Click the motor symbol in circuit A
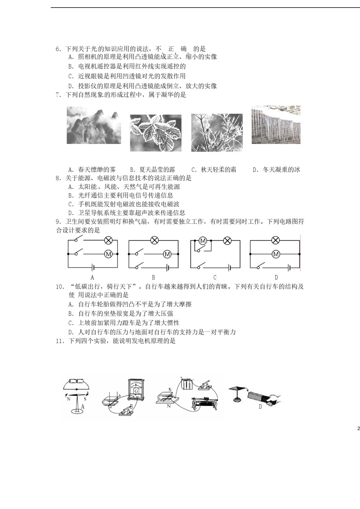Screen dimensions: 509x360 coord(108,254)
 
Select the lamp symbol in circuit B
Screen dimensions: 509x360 coord(154,240)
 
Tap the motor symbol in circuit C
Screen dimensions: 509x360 coord(203,240)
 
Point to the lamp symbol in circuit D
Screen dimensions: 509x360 coord(275,240)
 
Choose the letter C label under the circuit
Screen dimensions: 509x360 coord(215,278)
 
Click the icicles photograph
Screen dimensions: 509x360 coord(276,125)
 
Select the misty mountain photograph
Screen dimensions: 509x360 coord(94,125)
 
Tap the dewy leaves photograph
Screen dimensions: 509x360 coord(155,133)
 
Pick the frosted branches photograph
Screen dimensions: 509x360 coord(217,133)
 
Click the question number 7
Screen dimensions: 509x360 coord(58,95)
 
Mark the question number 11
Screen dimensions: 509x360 coord(59,341)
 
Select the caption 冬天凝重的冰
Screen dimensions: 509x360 coord(281,170)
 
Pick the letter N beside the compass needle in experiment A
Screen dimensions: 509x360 coord(69,399)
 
